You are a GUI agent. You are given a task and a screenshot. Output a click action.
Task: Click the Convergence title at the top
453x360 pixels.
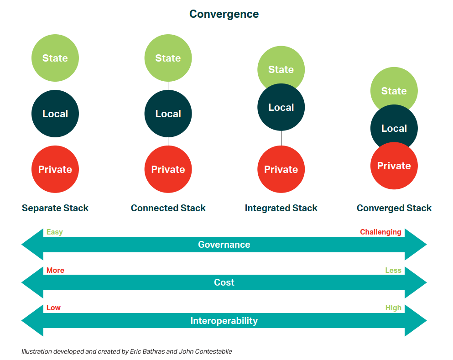click(x=224, y=14)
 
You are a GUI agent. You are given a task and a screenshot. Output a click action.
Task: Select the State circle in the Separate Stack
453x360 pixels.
click(x=55, y=58)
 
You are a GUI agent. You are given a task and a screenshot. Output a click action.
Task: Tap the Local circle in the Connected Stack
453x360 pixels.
click(x=168, y=114)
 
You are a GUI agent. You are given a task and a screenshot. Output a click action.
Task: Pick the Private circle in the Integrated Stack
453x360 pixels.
click(x=281, y=169)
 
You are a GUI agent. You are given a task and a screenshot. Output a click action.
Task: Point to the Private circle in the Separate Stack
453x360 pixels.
click(x=55, y=169)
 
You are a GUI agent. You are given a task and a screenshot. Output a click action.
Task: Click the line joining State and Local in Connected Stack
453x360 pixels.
click(x=168, y=85)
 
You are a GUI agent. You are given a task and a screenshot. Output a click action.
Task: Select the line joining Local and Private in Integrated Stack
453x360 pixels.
click(x=281, y=138)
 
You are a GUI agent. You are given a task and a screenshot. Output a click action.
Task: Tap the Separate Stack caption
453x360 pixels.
click(x=55, y=208)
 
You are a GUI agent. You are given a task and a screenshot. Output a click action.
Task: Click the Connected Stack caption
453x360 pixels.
click(x=168, y=208)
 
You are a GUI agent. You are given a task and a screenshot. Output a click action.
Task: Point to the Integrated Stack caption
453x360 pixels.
click(x=281, y=208)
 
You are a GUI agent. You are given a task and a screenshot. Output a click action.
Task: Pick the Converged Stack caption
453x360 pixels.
click(x=394, y=208)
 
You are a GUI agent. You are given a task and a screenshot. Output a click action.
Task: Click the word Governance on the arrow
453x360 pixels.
click(x=224, y=245)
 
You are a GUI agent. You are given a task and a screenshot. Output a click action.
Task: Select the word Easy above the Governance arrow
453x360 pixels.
click(x=55, y=232)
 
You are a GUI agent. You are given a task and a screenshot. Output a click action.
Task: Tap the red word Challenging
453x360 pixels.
click(x=380, y=232)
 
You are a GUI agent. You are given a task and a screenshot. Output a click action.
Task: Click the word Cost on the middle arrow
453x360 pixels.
click(x=224, y=282)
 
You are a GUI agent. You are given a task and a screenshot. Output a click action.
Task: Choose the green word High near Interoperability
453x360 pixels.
click(x=393, y=308)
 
